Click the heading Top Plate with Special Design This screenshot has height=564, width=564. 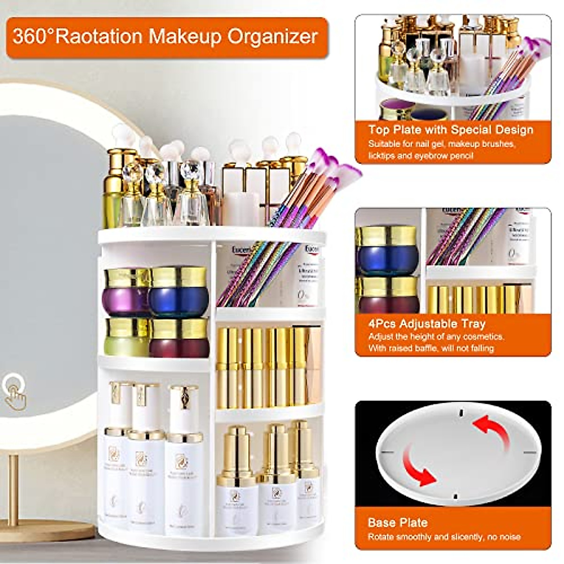[450, 130]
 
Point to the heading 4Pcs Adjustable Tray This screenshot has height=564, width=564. [427, 323]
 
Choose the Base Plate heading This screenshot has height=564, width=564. [398, 522]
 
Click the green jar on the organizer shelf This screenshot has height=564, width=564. [126, 337]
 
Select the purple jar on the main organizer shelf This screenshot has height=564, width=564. [126, 292]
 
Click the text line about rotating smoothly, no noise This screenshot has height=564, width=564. [444, 537]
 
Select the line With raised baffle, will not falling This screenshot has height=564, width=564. [431, 348]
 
